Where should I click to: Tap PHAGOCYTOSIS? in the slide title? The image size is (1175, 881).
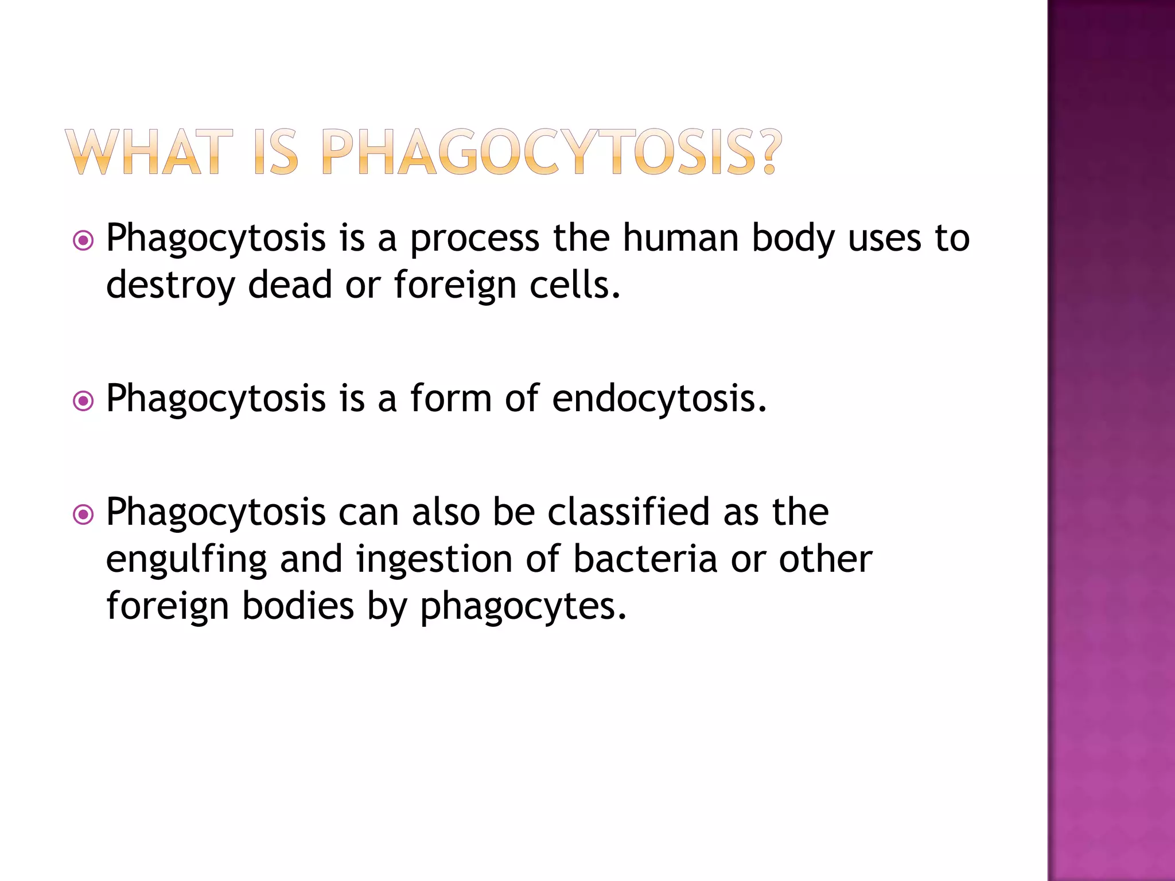click(551, 152)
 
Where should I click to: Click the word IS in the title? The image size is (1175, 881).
click(276, 152)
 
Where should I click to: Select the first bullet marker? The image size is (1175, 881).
click(84, 240)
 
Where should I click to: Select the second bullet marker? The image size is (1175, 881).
click(84, 401)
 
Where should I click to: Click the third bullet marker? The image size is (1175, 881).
click(84, 514)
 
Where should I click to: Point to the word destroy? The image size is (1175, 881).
click(170, 285)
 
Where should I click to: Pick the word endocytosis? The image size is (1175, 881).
click(659, 398)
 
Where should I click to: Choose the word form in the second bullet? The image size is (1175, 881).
click(451, 398)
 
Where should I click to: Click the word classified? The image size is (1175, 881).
click(628, 512)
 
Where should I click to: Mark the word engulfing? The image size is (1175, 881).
click(186, 560)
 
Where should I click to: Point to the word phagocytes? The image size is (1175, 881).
click(523, 607)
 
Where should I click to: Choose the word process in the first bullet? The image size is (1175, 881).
click(474, 239)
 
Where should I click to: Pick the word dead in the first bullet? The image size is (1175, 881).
click(290, 284)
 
